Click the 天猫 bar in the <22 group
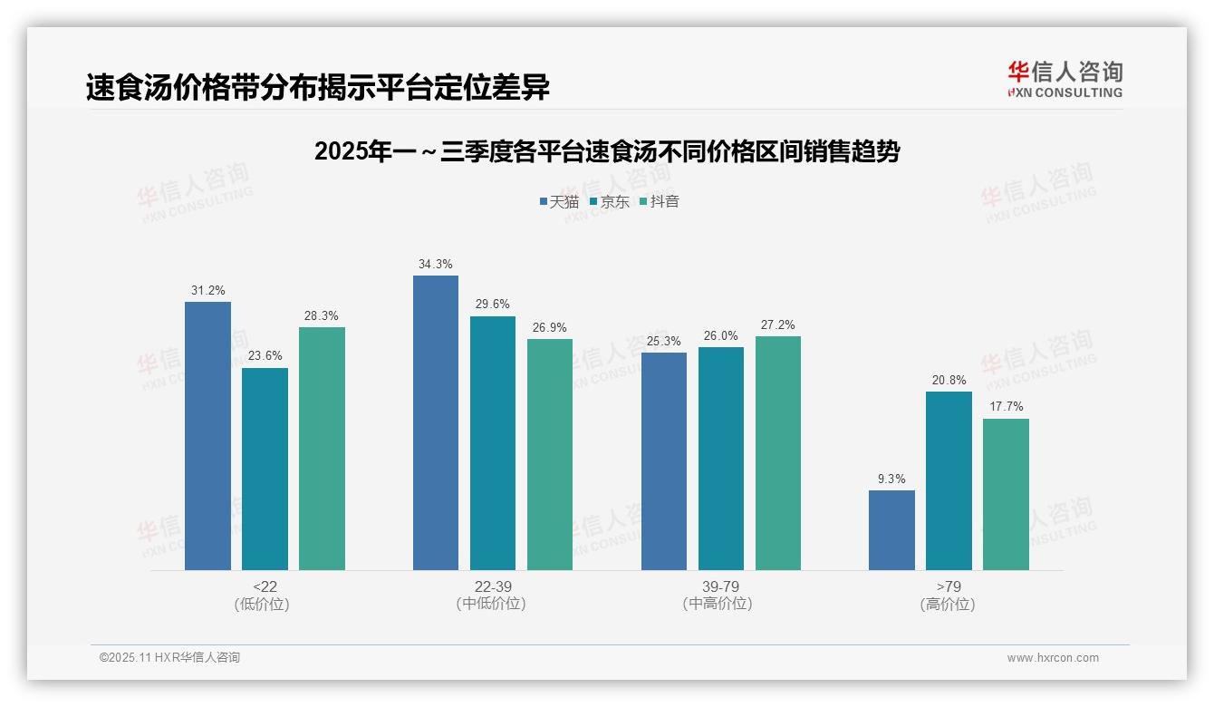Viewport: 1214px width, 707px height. click(x=207, y=436)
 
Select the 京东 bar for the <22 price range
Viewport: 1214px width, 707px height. click(x=265, y=469)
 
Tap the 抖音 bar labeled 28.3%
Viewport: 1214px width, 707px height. click(x=322, y=449)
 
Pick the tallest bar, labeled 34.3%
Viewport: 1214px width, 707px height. click(x=436, y=422)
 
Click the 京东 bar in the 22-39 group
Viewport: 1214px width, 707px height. click(x=493, y=443)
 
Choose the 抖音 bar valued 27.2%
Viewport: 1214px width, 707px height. click(x=778, y=453)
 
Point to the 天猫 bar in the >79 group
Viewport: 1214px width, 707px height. click(x=891, y=530)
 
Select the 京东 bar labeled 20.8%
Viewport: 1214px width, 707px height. click(x=949, y=480)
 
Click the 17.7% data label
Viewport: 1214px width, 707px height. click(x=1006, y=407)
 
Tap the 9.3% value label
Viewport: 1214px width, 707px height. click(x=891, y=479)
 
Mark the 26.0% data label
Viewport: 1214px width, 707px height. click(x=720, y=335)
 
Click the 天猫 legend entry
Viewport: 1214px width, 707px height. click(x=559, y=201)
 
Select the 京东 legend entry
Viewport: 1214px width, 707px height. click(x=610, y=201)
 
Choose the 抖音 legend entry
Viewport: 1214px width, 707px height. click(x=660, y=201)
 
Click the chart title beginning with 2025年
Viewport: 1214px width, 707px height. click(x=607, y=151)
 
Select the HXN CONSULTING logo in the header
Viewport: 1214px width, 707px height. click(x=1065, y=79)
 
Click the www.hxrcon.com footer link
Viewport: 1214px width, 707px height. click(x=1053, y=658)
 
